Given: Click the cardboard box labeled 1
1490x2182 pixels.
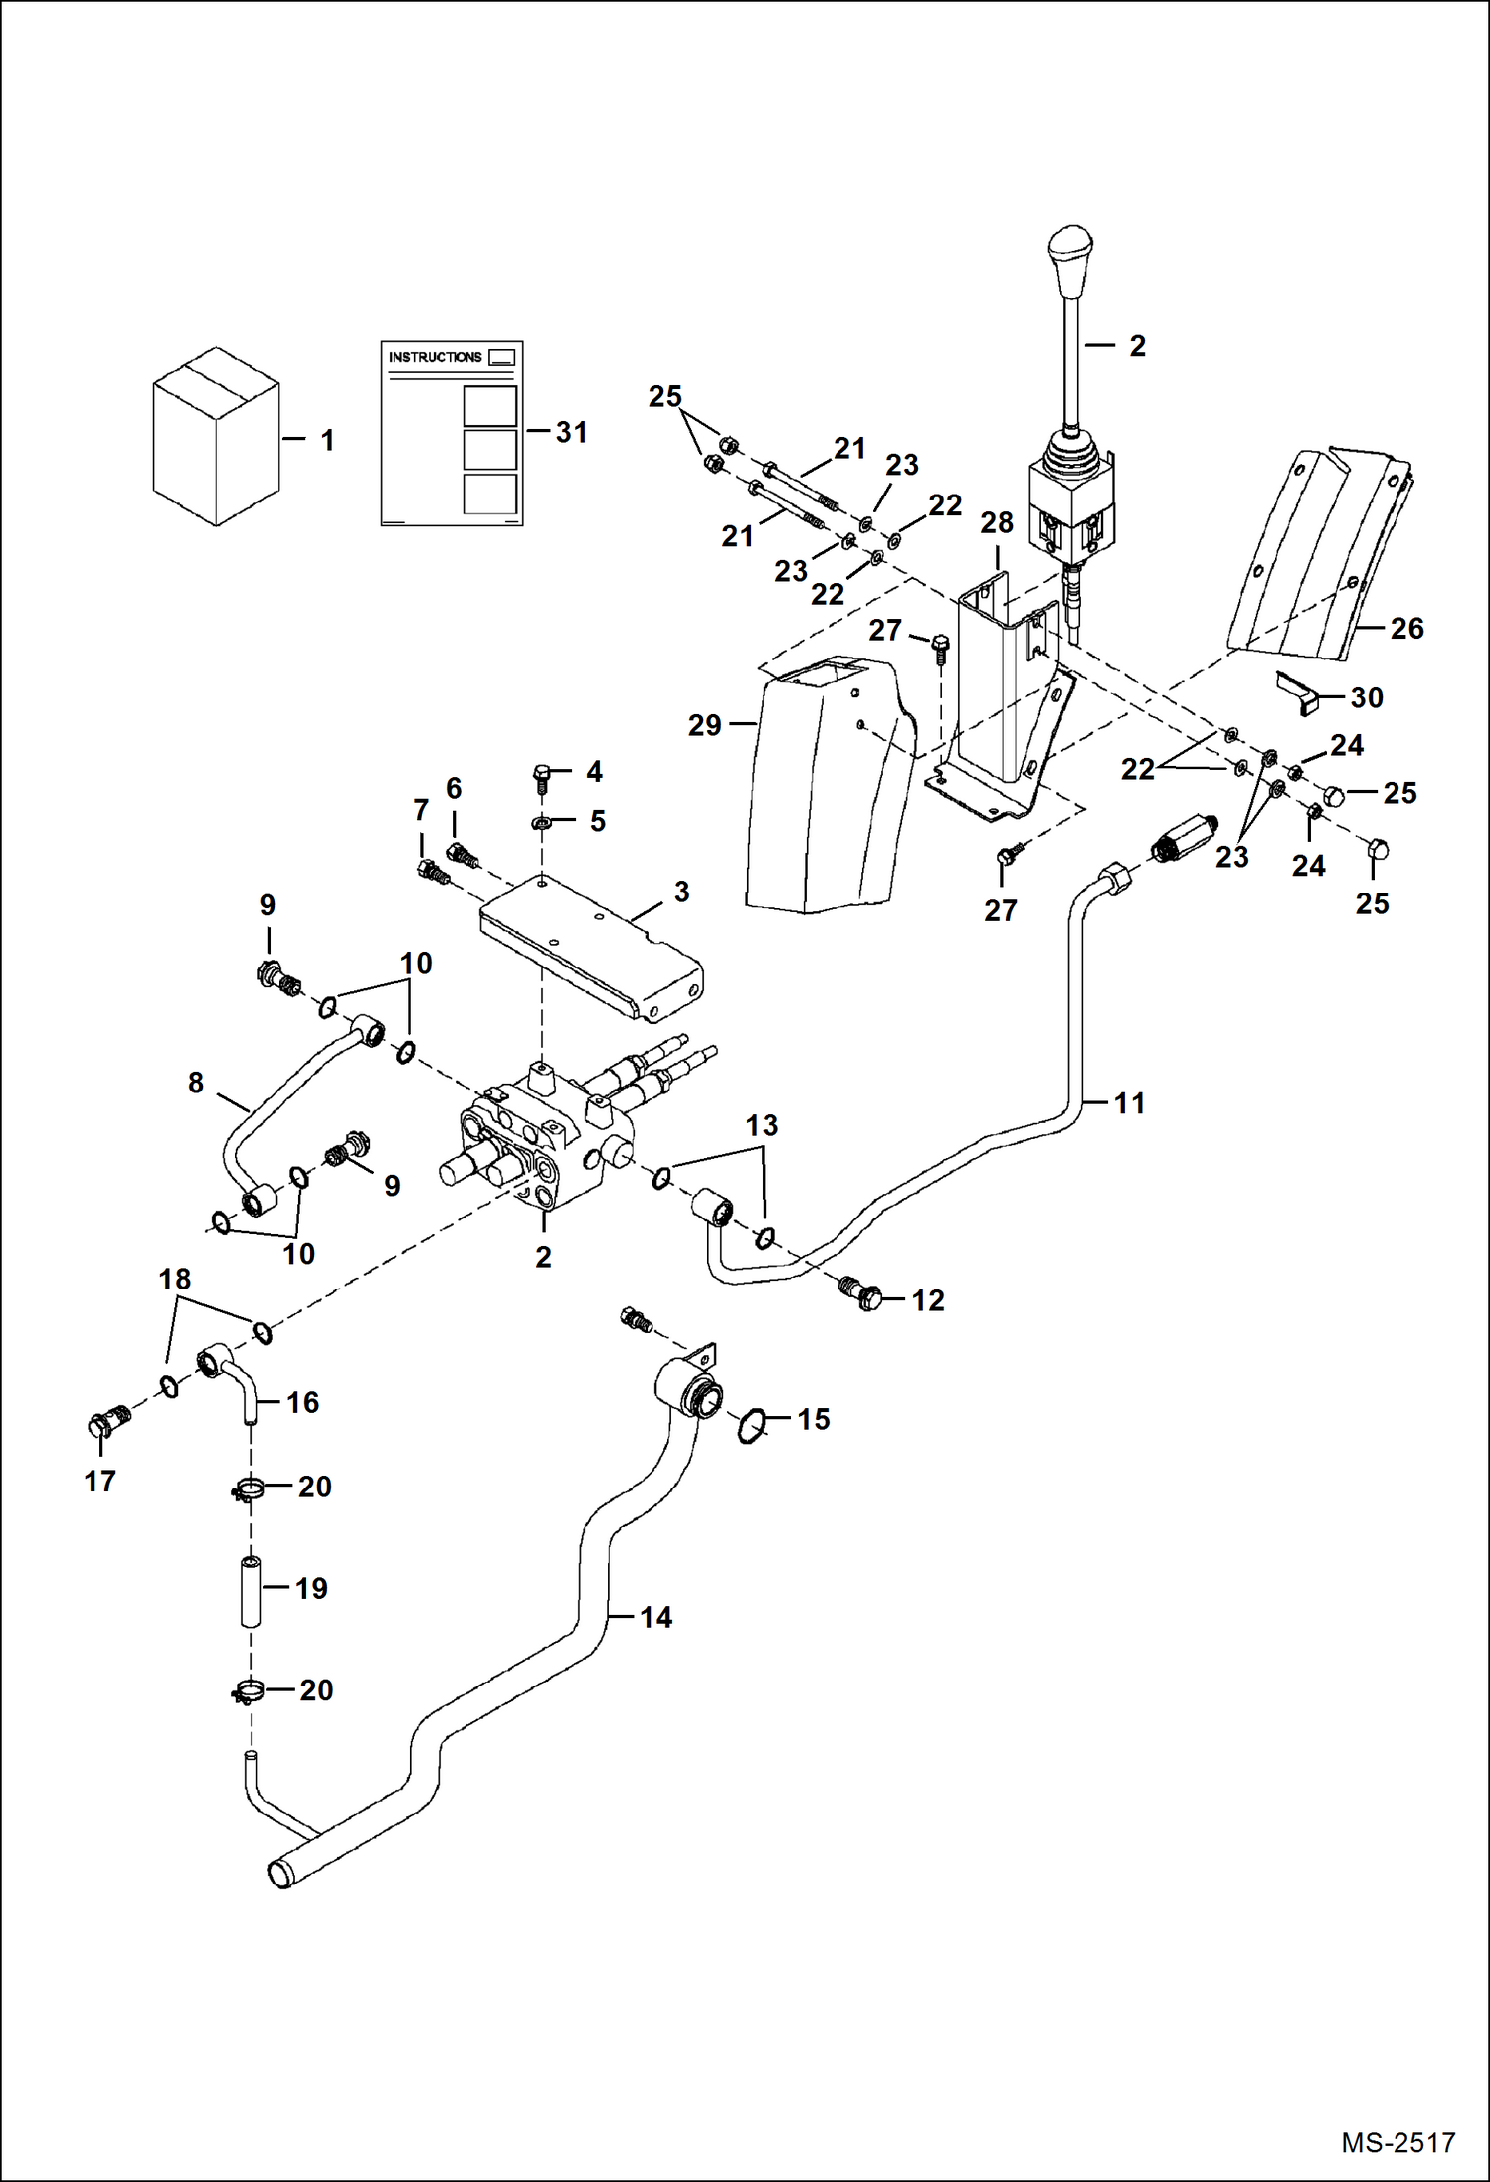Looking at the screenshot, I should click(x=216, y=438).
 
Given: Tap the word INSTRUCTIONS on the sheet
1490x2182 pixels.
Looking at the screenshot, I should click(x=435, y=357).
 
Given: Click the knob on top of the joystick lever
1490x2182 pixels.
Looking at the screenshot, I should click(x=1070, y=261).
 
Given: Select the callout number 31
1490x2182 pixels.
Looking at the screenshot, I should click(x=571, y=432).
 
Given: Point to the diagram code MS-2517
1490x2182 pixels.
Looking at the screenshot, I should click(x=1397, y=2143).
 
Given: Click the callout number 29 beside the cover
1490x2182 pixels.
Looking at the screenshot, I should click(x=704, y=725).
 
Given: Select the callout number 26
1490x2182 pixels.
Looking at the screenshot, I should click(x=1406, y=628).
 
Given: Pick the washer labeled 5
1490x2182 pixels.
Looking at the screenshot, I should click(x=542, y=823).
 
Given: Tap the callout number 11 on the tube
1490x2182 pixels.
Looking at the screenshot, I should click(x=1129, y=1102).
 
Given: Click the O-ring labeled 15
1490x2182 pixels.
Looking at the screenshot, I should click(x=752, y=1427).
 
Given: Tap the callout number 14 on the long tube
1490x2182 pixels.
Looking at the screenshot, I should click(x=655, y=1617).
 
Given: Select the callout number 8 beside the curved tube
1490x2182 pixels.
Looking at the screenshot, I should click(x=196, y=1083).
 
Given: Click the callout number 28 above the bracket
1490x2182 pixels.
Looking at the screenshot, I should click(x=996, y=522).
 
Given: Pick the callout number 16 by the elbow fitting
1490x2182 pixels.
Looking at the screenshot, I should click(x=302, y=1402).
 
